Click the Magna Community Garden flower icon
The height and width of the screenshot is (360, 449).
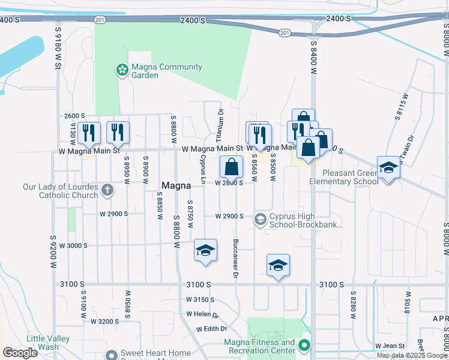122,70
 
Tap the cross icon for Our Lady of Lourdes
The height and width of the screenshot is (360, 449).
107,190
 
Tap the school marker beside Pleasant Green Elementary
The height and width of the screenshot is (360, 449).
388,169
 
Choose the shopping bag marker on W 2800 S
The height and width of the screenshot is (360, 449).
231,167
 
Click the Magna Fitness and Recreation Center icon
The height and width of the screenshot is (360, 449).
304,346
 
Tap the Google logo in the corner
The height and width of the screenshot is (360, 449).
20,353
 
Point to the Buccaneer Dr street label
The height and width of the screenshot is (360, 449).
236,259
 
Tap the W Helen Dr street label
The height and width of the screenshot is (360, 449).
202,314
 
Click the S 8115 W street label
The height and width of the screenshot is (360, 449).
397,107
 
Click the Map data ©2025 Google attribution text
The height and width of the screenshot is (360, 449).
411,355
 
